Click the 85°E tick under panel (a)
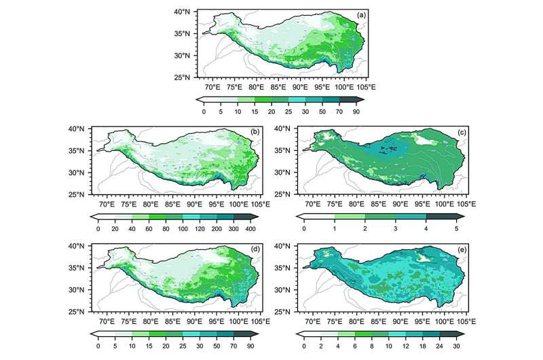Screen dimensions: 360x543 pyautogui.click(x=278, y=87)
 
